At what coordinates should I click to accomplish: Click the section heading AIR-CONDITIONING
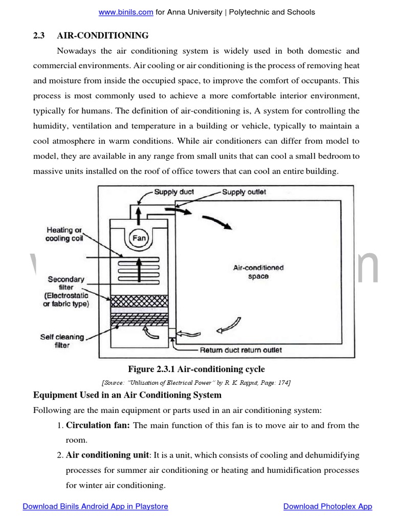coord(103,35)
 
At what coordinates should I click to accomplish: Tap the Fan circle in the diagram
coord(139,238)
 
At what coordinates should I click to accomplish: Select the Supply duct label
coord(174,192)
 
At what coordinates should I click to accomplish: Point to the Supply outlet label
coord(244,192)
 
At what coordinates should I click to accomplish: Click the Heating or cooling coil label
coord(64,234)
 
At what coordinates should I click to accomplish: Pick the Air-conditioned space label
coord(258,272)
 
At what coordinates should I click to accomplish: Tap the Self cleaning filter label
coord(62,341)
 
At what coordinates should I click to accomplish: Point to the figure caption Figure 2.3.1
coord(196,369)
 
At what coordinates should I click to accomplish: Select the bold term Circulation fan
coord(98,425)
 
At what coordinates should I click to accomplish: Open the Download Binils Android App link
coord(95,507)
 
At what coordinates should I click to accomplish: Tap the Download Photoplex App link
coord(327,507)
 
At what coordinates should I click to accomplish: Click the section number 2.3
coord(39,35)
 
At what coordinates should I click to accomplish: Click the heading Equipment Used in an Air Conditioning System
coord(127,395)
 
